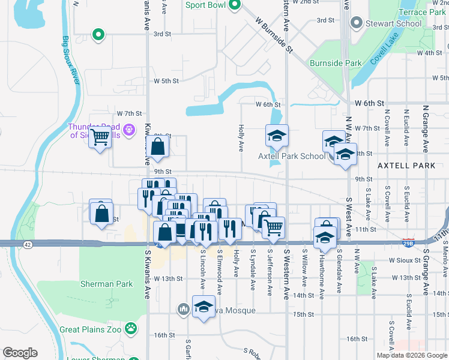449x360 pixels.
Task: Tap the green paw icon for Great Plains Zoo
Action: click(x=131, y=329)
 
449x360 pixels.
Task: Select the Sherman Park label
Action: click(x=107, y=284)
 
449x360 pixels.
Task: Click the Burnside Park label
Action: click(x=336, y=63)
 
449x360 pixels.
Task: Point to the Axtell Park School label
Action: click(x=292, y=156)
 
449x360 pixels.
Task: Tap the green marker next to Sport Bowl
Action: click(x=235, y=6)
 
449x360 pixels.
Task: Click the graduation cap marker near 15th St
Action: click(x=203, y=307)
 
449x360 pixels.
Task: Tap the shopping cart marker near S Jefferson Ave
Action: click(x=273, y=227)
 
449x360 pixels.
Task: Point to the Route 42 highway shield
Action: click(x=28, y=244)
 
